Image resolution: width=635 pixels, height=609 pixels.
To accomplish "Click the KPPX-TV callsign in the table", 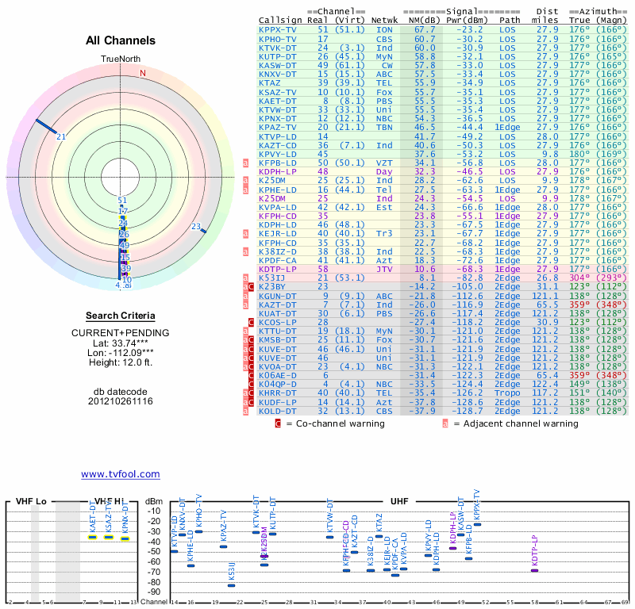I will [x=278, y=29].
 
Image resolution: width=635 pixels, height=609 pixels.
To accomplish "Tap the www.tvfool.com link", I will [x=120, y=474].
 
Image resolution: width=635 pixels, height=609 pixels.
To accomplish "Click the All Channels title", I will [x=121, y=40].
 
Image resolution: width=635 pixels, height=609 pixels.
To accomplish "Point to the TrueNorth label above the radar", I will [x=120, y=59].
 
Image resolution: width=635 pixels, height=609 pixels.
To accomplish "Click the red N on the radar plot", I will [x=143, y=73].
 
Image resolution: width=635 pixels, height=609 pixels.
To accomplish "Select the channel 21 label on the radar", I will [x=60, y=136].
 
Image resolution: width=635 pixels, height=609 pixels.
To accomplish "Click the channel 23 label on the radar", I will [x=196, y=227].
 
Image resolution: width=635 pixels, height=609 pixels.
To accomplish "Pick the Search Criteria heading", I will [x=120, y=316].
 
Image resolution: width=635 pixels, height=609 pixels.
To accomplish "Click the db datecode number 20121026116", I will [x=120, y=400].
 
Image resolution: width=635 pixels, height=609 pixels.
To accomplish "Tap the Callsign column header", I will [x=280, y=20].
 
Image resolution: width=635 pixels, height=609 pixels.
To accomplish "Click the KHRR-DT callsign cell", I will [x=278, y=392].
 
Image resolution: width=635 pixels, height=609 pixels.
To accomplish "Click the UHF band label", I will [x=399, y=502].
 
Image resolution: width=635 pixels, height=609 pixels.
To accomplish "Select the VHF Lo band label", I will [x=32, y=502].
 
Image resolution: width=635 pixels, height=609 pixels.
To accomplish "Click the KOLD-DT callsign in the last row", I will [x=278, y=411].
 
